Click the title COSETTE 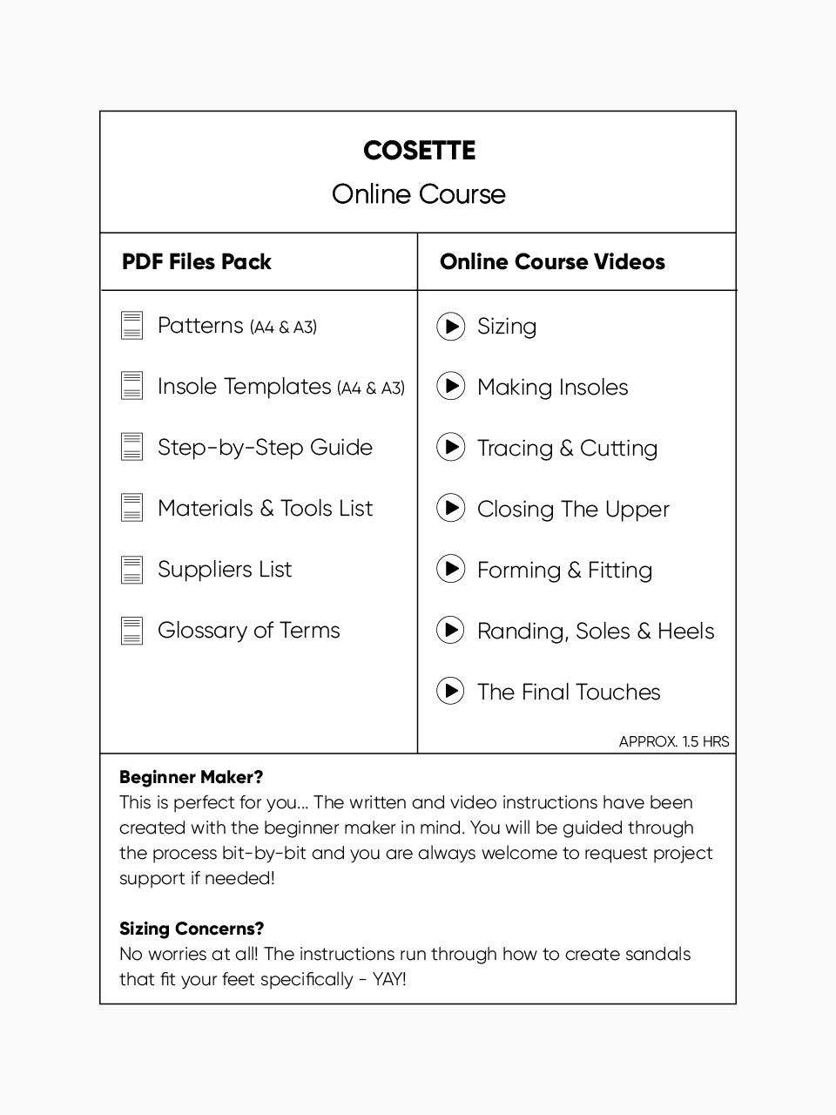click(x=419, y=151)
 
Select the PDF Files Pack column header click(x=197, y=262)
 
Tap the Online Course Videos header click(x=552, y=262)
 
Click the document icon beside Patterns click(x=131, y=326)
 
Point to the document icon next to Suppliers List click(x=131, y=570)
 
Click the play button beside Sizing click(x=450, y=327)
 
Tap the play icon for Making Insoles click(x=450, y=386)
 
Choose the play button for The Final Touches click(x=450, y=692)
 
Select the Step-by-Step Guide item click(x=265, y=448)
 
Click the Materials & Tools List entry click(x=265, y=509)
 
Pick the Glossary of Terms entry click(x=248, y=631)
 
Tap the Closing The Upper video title click(x=573, y=510)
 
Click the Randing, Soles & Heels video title click(x=596, y=632)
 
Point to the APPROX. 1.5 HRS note click(x=673, y=742)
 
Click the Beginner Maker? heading click(x=191, y=777)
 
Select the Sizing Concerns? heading click(x=192, y=929)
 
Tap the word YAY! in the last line click(x=389, y=979)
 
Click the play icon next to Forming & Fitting click(x=450, y=569)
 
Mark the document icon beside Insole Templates click(x=131, y=386)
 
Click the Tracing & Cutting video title click(x=567, y=449)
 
